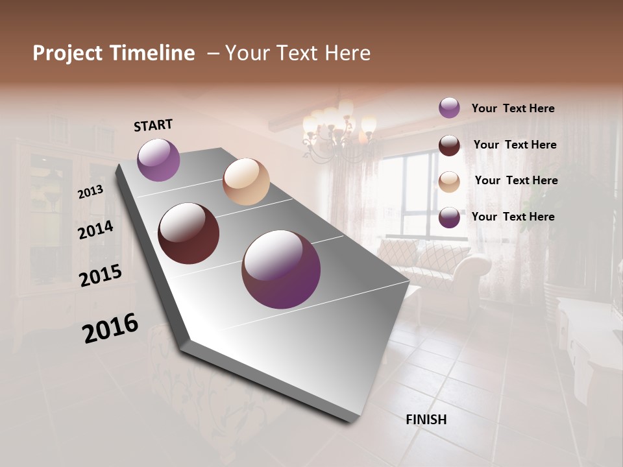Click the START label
coord(153,125)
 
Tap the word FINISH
coord(426,420)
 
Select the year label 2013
coord(90,192)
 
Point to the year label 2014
coord(95,230)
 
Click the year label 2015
coord(101,276)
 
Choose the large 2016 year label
coord(110,328)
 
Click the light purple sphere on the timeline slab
coord(158,160)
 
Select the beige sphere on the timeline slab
coord(246,182)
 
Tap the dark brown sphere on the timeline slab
coord(188,233)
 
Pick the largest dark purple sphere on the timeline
coord(281,269)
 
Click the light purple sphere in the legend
coord(449,108)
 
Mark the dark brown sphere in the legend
coord(449,145)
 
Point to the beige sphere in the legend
coord(449,182)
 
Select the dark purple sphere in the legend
coord(449,217)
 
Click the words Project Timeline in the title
coord(114,53)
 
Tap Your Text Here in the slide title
coord(298,53)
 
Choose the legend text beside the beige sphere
coord(516,180)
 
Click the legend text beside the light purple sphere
coord(513,108)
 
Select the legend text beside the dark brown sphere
coord(515,145)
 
